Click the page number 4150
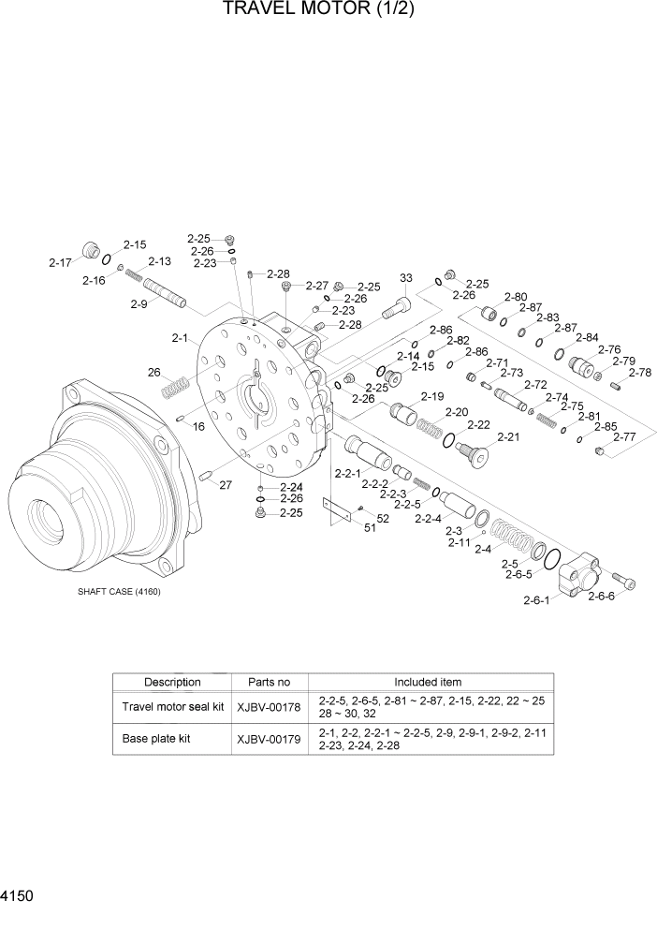pos(18,896)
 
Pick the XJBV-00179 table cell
pos(270,739)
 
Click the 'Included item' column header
pos(428,682)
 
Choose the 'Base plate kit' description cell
pos(156,739)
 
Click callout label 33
pos(405,278)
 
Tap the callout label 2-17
pos(61,263)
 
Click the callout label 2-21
pos(508,437)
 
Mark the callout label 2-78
pos(639,373)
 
